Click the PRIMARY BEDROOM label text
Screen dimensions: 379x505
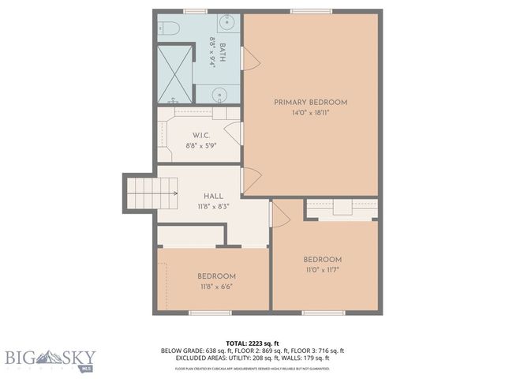tap(310, 103)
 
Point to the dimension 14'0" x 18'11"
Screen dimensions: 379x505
tap(310, 113)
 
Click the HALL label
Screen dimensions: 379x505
tap(213, 196)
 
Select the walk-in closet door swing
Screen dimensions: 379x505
tap(232, 132)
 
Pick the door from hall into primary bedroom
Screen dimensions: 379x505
tap(249, 181)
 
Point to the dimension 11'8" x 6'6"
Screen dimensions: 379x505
tap(216, 287)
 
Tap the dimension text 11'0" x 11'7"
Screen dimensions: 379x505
tap(322, 270)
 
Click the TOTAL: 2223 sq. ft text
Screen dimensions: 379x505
tap(252, 342)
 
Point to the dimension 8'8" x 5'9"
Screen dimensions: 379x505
tap(201, 145)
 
